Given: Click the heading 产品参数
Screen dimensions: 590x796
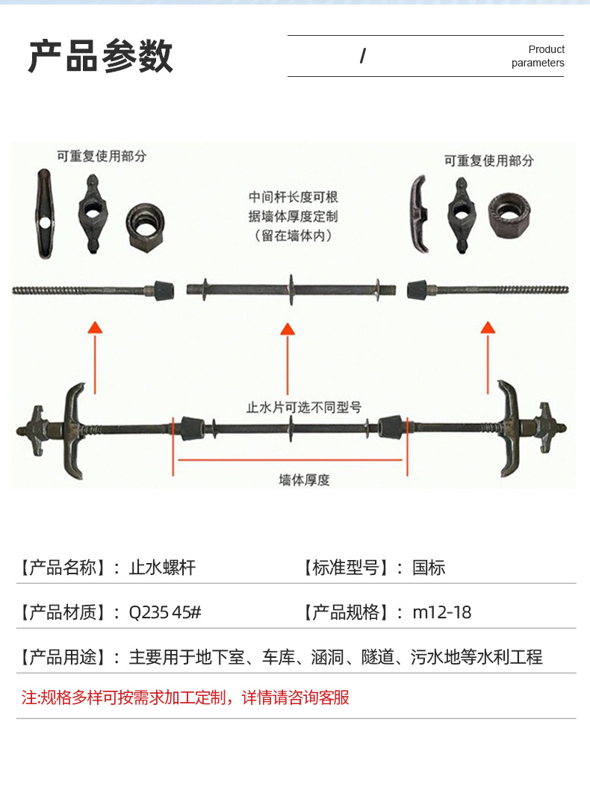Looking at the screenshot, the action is point(101,56).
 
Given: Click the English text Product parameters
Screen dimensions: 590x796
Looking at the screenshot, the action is point(538,56).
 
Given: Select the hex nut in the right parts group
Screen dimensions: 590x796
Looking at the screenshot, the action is point(509,217).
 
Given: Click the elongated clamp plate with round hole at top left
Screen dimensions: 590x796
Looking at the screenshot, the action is point(45,214).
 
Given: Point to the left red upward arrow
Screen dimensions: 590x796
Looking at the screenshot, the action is point(95,358).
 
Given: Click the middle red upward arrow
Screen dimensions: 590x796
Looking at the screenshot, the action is point(288,358).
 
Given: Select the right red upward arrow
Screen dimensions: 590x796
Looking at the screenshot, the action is point(488,358).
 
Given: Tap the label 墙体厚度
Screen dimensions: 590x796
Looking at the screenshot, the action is point(304,479).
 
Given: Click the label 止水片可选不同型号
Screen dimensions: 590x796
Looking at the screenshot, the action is point(304,407).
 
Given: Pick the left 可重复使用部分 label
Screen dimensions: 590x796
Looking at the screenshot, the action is point(102,156).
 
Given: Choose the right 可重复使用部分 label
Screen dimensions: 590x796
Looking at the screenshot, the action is point(489,161).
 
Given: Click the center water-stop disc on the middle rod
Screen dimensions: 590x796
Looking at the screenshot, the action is point(291,290).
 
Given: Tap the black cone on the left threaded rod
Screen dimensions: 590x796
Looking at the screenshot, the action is point(164,290).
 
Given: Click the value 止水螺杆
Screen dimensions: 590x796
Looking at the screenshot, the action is point(163,567).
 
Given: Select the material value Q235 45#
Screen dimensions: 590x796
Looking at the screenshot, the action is point(165,612).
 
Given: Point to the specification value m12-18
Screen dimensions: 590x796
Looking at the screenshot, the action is point(441,612).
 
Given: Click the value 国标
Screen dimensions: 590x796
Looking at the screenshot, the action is point(429,567).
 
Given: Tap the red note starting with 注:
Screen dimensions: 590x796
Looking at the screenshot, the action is point(185,697).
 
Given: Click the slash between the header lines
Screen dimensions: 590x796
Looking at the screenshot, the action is point(362,55).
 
